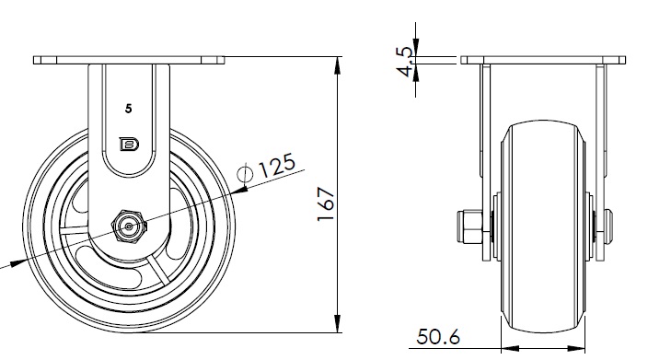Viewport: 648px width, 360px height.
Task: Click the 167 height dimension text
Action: [326, 204]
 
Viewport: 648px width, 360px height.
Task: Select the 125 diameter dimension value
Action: [276, 165]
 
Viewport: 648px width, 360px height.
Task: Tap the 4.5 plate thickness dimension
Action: [405, 62]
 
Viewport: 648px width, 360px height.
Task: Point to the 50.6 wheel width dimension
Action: [437, 337]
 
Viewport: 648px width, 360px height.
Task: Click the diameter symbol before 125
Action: [245, 173]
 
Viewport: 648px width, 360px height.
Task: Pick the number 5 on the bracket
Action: [129, 109]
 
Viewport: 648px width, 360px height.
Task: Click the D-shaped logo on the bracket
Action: [129, 145]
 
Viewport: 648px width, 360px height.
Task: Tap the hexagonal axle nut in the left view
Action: [129, 226]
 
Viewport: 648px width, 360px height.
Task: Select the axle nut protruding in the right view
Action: [469, 226]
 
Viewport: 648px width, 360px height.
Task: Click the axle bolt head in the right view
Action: [608, 226]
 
